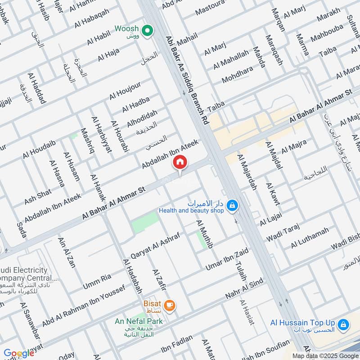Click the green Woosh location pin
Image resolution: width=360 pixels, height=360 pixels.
[x=146, y=31]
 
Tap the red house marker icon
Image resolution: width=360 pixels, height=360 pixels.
[x=180, y=162]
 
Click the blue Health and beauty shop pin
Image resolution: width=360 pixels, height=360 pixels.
[x=232, y=206]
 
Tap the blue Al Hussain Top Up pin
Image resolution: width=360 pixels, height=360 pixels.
[x=343, y=324]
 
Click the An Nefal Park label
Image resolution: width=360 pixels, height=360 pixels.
[x=139, y=321]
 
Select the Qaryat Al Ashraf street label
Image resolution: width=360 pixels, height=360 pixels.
[x=155, y=245]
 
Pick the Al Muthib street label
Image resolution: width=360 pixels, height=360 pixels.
[x=204, y=234]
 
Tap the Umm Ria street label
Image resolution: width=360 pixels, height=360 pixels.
[x=97, y=281]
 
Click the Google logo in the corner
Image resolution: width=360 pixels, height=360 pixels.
[x=19, y=353]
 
